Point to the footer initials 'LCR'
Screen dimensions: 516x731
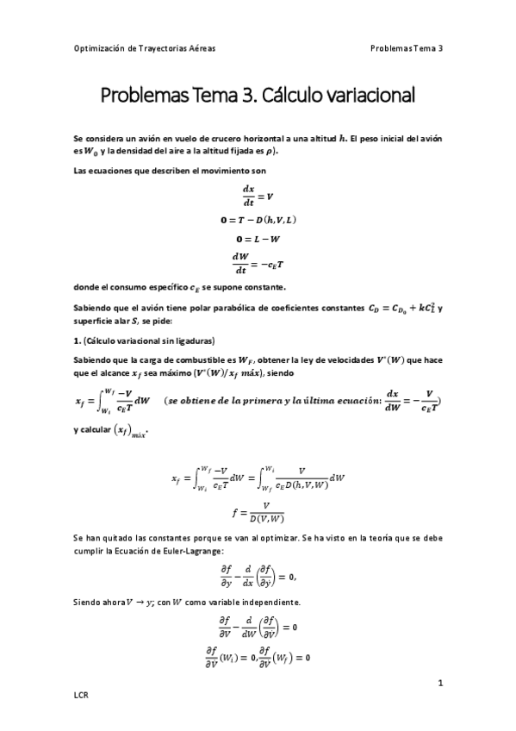click(x=82, y=694)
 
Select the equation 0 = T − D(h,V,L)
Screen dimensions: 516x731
click(x=258, y=221)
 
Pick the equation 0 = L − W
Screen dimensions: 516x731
click(x=258, y=240)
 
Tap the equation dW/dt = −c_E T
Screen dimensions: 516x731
click(x=258, y=264)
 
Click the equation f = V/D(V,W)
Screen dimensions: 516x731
click(x=258, y=511)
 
